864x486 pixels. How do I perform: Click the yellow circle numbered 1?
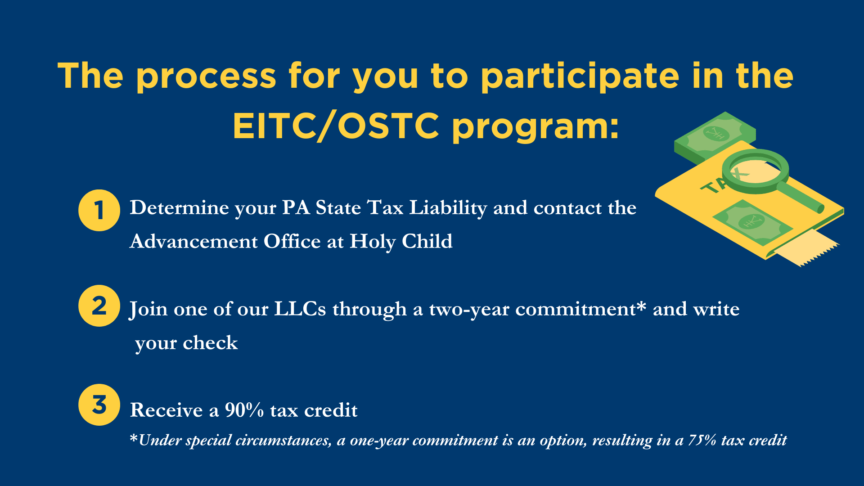(x=99, y=210)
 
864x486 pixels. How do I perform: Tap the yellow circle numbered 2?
(x=99, y=306)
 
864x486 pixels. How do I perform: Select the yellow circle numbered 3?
(x=99, y=405)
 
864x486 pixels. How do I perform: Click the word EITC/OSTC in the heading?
(x=336, y=126)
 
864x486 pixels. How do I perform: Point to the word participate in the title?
(x=580, y=77)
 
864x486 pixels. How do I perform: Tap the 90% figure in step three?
(x=244, y=410)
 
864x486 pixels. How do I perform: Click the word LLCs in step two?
(x=300, y=309)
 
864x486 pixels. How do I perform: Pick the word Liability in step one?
(x=448, y=208)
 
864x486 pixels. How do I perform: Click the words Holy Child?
(x=401, y=242)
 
